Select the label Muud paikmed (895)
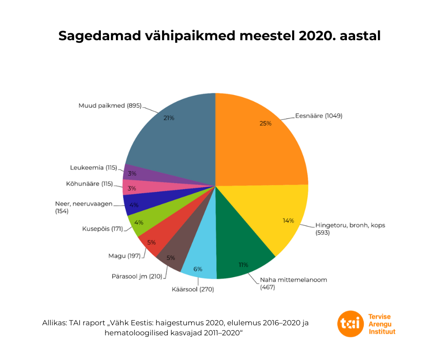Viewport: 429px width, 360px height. [x=110, y=106]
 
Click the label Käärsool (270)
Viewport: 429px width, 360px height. [x=193, y=289]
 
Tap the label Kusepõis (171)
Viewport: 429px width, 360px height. [x=102, y=228]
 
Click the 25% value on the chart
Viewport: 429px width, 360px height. [x=265, y=123]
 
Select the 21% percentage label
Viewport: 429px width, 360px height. [x=169, y=118]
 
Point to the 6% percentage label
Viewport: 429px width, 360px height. [x=198, y=269]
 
